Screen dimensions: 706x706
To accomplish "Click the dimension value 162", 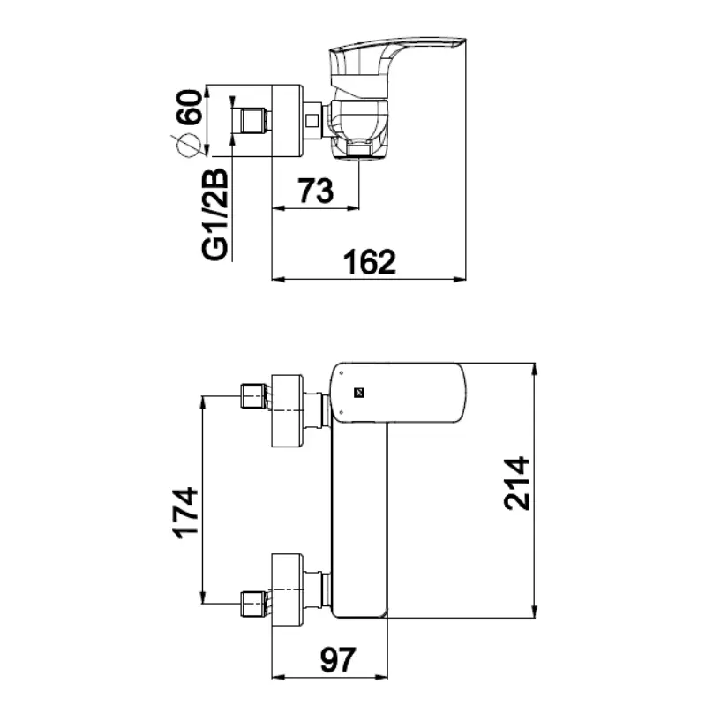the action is pos(370,261).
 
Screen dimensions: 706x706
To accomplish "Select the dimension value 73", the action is pos(316,191).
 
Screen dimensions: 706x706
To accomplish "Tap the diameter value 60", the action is pos(189,107).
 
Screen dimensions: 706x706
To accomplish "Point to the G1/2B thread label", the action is pos(214,214).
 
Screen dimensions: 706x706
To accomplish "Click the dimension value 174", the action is pos(185,513).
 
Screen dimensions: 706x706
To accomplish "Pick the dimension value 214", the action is pos(516,483).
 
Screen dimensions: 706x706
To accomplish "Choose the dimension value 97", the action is pos(338,660).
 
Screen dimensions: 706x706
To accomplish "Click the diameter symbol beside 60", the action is pos(185,146).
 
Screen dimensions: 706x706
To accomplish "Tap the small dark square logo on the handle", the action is pos(358,393).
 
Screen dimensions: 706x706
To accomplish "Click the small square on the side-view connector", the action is pos(312,121).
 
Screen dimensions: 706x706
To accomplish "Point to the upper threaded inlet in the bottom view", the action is pos(255,396).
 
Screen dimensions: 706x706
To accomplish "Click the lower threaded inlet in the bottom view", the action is pos(255,605).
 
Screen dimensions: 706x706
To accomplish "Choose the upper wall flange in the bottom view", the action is pos(288,410).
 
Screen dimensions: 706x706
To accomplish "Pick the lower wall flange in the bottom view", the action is pos(288,589).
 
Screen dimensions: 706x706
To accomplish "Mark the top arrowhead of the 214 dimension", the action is pos(535,369).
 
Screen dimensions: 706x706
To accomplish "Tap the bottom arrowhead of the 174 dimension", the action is pos(203,597).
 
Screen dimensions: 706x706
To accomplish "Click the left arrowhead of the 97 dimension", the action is pos(279,677).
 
